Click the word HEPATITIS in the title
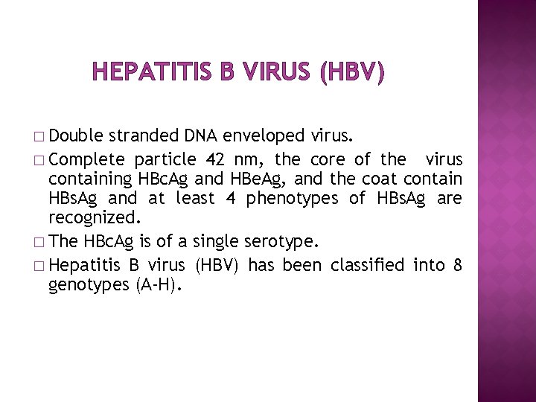pyautogui.click(x=152, y=71)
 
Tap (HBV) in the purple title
pyautogui.click(x=352, y=71)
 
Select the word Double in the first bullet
pyautogui.click(x=75, y=135)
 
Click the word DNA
pyautogui.click(x=200, y=135)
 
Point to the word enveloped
pyautogui.click(x=264, y=136)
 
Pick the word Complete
pyautogui.click(x=87, y=159)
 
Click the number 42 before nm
pyautogui.click(x=215, y=159)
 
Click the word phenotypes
pyautogui.click(x=292, y=199)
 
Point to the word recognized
pyautogui.click(x=95, y=217)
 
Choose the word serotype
pyautogui.click(x=281, y=242)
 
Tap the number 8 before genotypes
pyautogui.click(x=458, y=265)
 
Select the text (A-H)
pyautogui.click(x=159, y=284)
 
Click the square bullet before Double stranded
pyautogui.click(x=39, y=137)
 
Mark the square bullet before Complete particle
pyautogui.click(x=39, y=160)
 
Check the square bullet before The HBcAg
pyautogui.click(x=39, y=243)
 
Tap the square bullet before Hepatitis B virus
pyautogui.click(x=39, y=266)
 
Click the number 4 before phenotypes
pyautogui.click(x=231, y=198)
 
